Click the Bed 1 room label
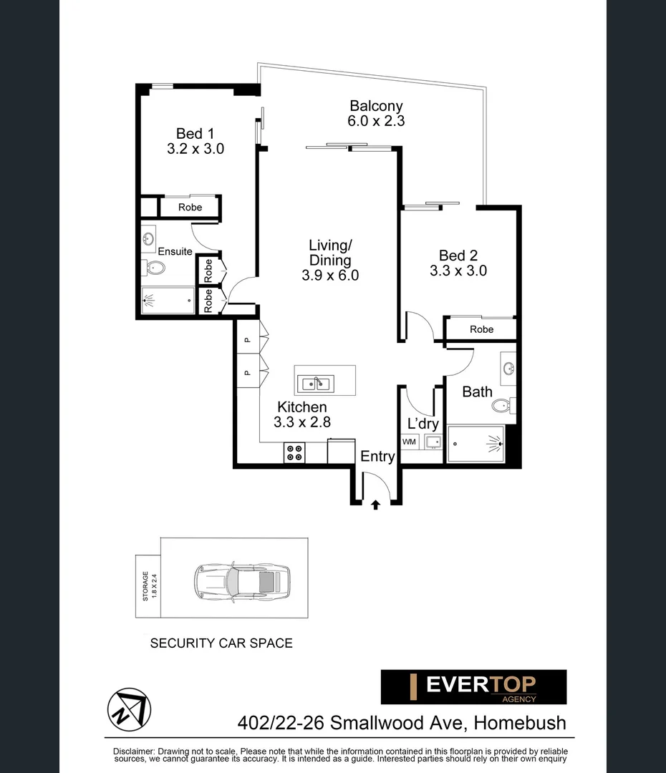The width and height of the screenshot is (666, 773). pos(195,141)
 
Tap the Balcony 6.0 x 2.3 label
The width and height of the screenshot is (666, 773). pos(376,113)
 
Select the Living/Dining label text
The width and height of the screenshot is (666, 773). pos(329,260)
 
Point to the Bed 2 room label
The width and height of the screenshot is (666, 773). pos(458,263)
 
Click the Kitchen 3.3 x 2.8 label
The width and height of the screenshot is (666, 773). pos(302,414)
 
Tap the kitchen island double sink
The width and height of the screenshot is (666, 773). pos(315,384)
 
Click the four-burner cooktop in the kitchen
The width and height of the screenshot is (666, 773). pos(294,453)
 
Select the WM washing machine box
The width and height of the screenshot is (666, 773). pos(409,442)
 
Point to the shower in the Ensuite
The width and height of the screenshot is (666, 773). pos(168,300)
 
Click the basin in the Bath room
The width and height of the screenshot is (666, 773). pos(509,369)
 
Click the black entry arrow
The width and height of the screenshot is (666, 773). pos(375,505)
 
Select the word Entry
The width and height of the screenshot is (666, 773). pos(377,457)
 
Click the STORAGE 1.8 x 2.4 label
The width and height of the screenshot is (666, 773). pos(148,585)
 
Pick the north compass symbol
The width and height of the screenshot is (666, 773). pos(129,709)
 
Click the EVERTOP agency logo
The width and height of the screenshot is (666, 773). pos(473,686)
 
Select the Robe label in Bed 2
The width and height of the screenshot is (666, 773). pos(481,329)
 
